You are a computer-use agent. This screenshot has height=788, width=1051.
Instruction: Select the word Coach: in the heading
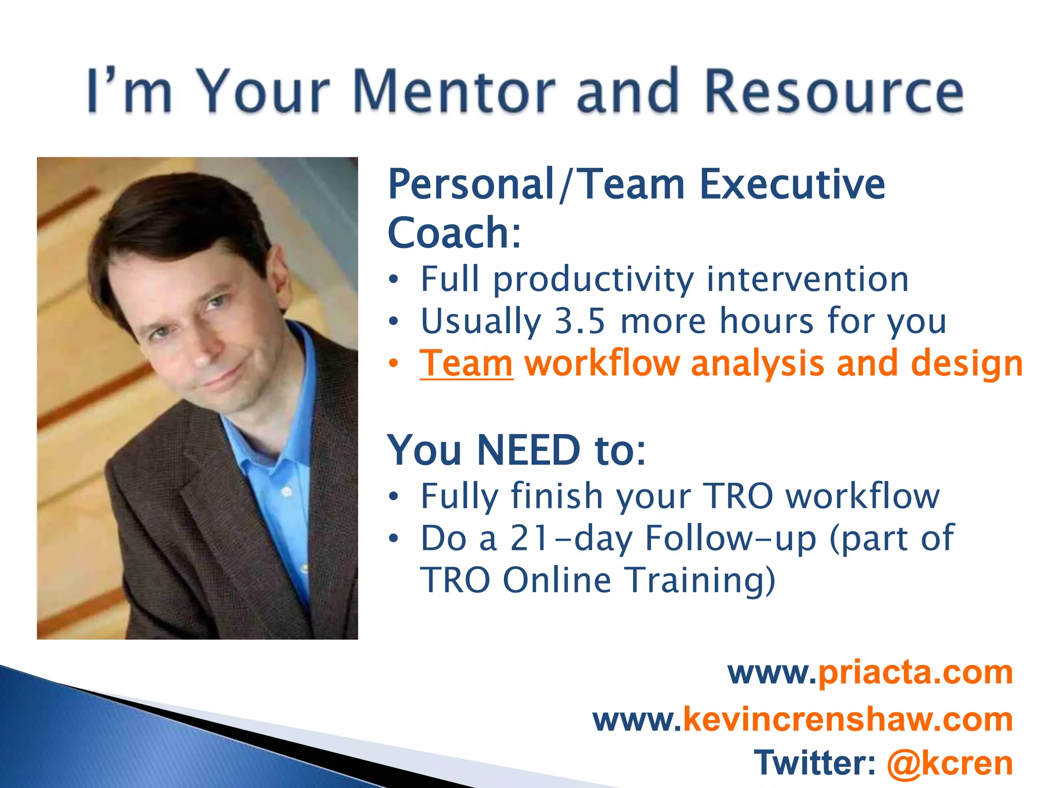click(x=455, y=233)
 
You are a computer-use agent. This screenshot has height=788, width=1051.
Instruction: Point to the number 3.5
click(x=580, y=321)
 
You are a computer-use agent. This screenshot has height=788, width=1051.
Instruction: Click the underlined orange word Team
click(x=466, y=363)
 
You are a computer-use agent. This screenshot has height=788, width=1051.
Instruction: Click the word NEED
click(x=529, y=450)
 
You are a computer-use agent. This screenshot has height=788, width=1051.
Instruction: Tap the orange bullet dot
click(x=394, y=363)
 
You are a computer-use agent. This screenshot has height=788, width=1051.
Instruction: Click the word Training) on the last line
click(x=700, y=580)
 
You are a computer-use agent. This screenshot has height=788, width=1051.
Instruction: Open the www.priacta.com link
click(x=870, y=672)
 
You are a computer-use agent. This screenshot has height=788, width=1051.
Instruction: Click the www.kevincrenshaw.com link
click(x=803, y=719)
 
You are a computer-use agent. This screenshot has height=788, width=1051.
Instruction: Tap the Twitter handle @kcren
click(x=949, y=763)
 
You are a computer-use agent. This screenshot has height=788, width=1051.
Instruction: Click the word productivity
click(x=593, y=280)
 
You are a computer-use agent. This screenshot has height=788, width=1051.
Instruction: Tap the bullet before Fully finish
click(x=394, y=496)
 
